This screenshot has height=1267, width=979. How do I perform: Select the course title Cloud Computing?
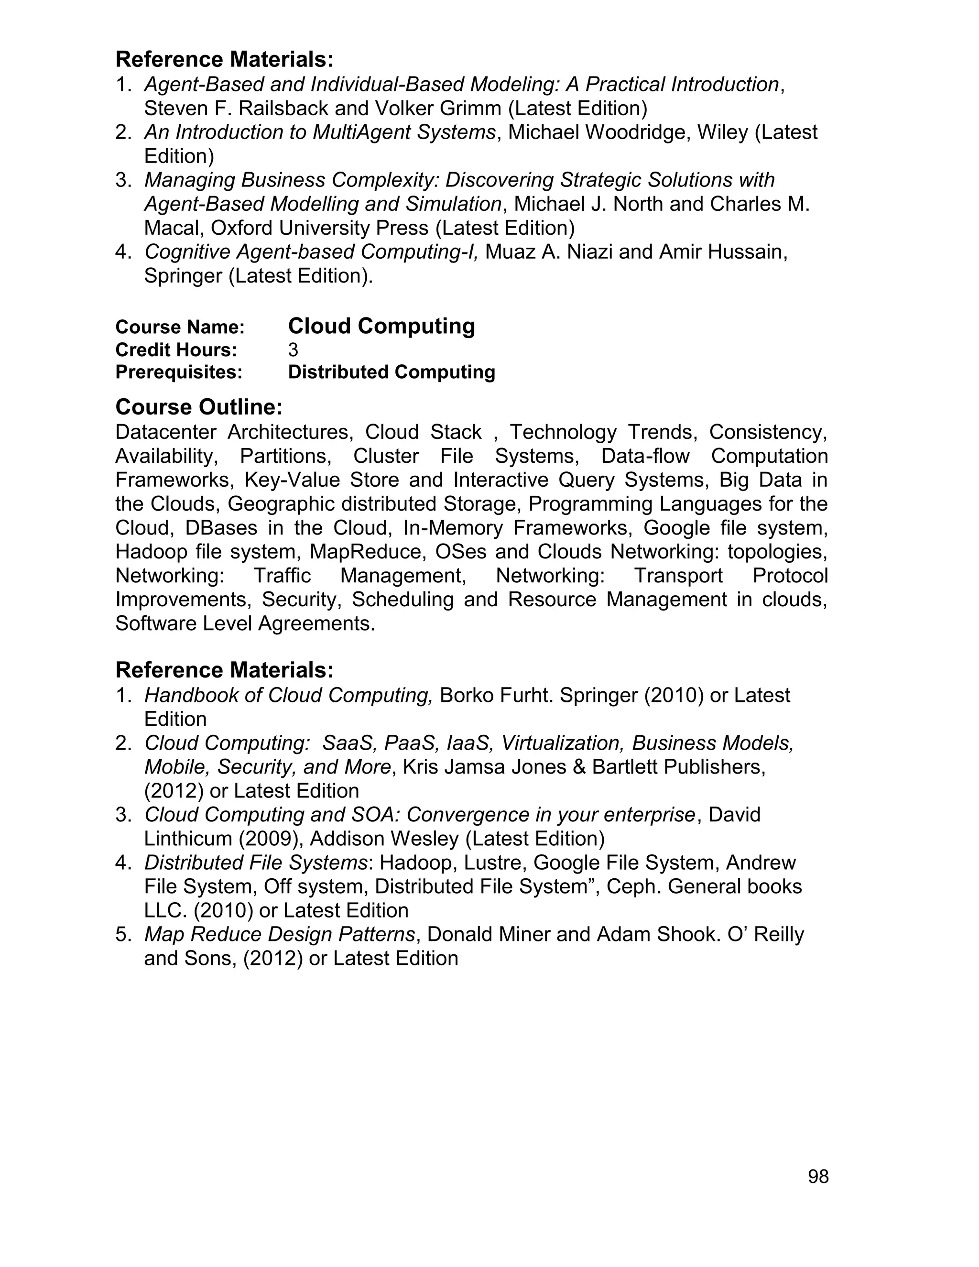[381, 326]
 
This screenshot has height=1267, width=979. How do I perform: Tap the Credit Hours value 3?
[293, 350]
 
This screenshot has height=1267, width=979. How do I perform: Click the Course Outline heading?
[198, 407]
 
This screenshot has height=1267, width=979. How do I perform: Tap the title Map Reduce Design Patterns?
[280, 934]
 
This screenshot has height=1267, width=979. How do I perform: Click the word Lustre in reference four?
[494, 863]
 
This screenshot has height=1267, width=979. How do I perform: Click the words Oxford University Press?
[319, 228]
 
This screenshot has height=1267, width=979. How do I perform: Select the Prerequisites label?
[179, 372]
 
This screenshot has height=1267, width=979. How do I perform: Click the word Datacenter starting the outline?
[166, 432]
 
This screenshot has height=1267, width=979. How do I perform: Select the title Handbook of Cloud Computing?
[288, 695]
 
